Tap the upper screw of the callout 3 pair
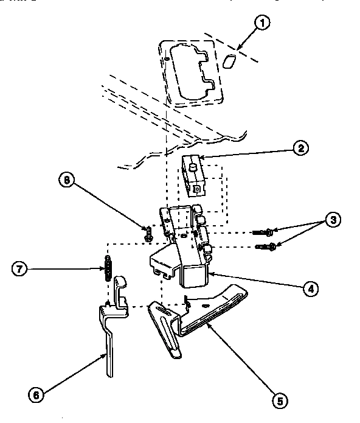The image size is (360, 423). click(x=263, y=232)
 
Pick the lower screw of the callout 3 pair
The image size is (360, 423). click(x=266, y=246)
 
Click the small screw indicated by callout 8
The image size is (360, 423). click(x=147, y=232)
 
